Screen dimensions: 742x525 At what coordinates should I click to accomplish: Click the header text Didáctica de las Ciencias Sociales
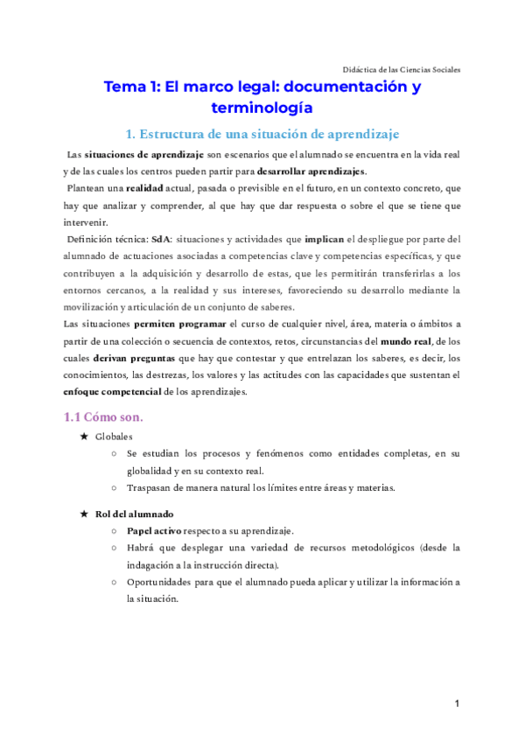pyautogui.click(x=402, y=70)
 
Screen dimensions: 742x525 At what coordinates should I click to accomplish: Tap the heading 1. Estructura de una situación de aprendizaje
pyautogui.click(x=262, y=134)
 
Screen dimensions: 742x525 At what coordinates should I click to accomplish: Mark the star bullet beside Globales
pyautogui.click(x=83, y=436)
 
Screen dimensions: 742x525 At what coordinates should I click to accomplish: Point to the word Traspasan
pyautogui.click(x=150, y=487)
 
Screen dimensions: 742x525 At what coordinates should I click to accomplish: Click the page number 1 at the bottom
pyautogui.click(x=457, y=703)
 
